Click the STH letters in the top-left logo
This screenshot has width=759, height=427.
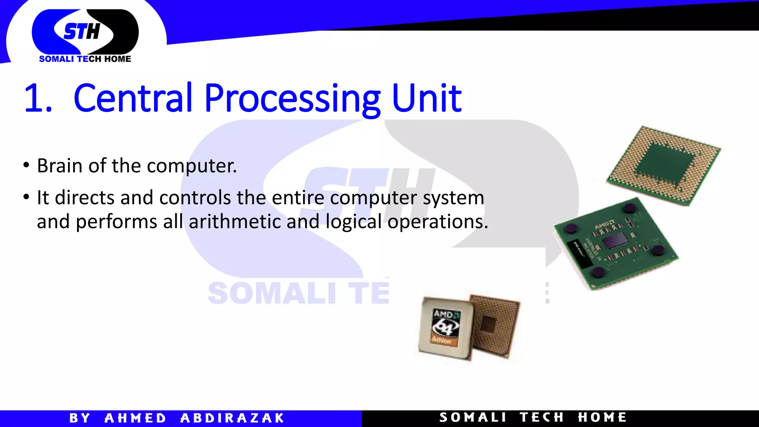(82, 31)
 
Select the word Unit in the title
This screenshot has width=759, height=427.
(426, 98)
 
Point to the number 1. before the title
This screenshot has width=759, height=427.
(38, 99)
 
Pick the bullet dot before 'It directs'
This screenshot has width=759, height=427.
(26, 197)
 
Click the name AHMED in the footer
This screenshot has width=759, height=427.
(135, 418)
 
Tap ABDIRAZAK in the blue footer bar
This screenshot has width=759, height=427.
(232, 418)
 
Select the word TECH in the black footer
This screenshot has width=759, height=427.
(541, 417)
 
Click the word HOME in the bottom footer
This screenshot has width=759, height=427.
(602, 417)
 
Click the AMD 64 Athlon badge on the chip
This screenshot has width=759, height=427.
(446, 327)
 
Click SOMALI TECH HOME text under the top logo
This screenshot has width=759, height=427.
(85, 59)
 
